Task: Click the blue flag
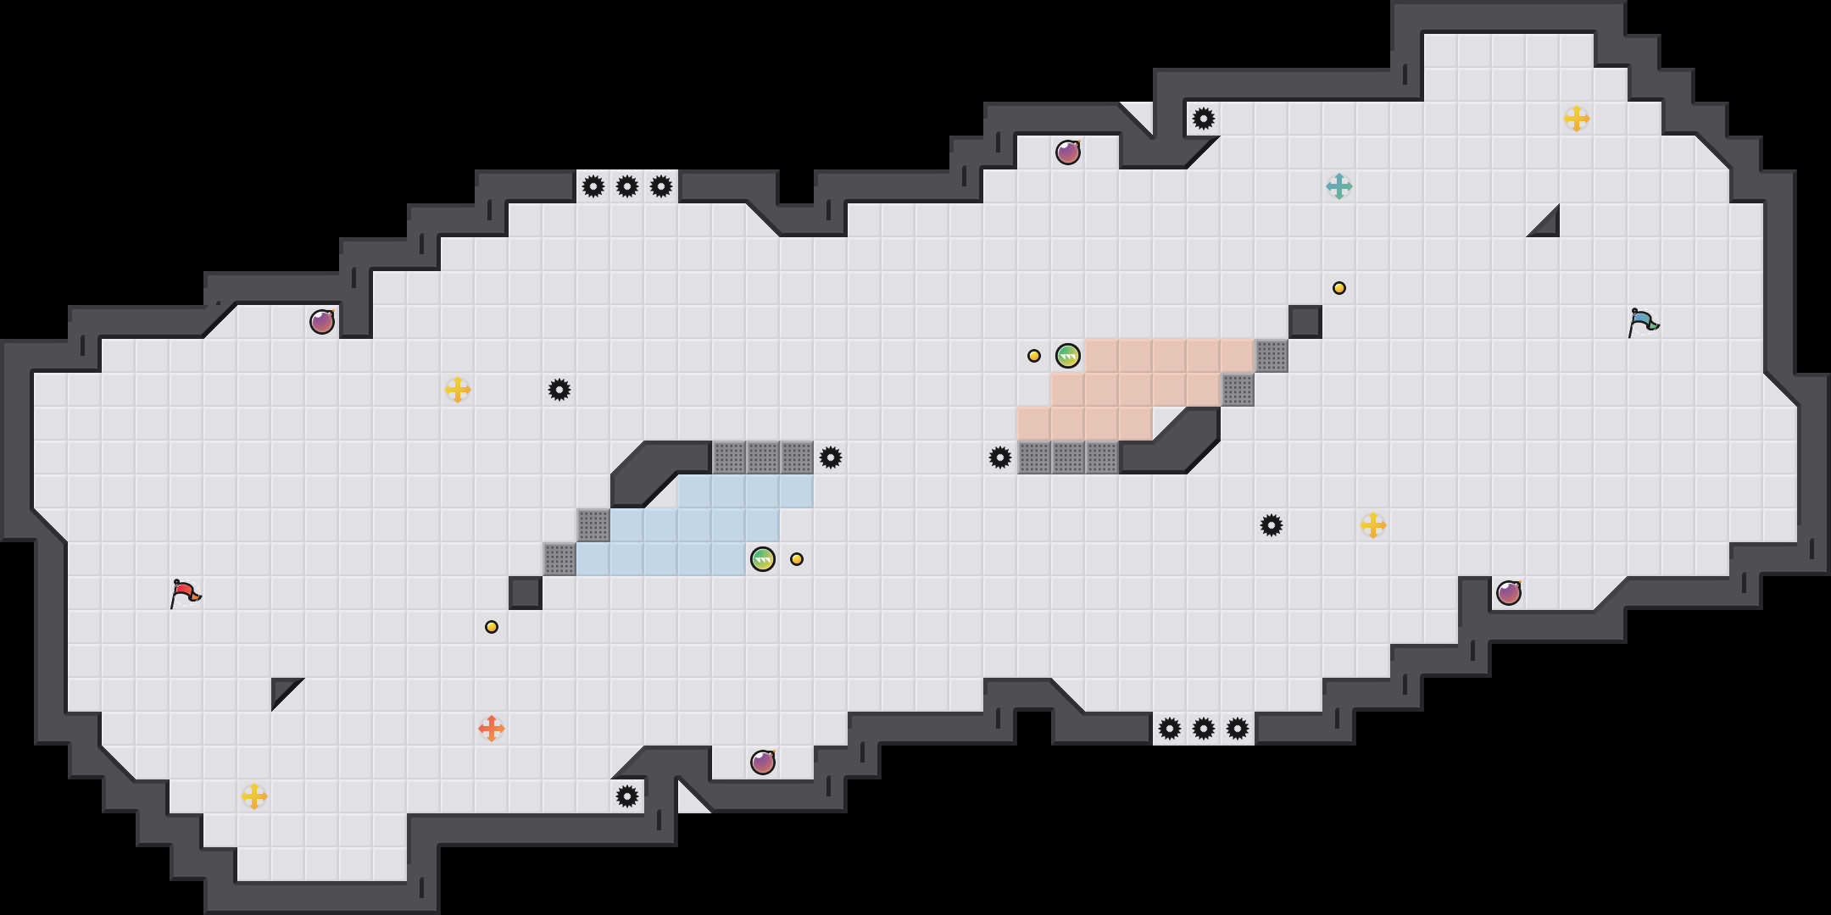click(x=1643, y=322)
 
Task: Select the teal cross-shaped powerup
click(x=1339, y=186)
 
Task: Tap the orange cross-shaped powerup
click(x=492, y=729)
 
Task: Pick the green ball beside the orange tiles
click(x=1068, y=356)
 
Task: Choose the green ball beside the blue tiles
click(x=763, y=559)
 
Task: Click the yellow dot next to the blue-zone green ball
click(x=797, y=559)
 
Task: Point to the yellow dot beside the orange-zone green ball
click(x=1034, y=356)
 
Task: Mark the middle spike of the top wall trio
click(x=627, y=186)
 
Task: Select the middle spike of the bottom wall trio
click(x=1204, y=729)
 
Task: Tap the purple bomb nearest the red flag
click(x=322, y=322)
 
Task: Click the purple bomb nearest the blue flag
click(x=1509, y=593)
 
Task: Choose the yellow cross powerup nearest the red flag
click(x=254, y=796)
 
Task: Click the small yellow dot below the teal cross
click(x=1339, y=288)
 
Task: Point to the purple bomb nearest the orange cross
click(x=763, y=762)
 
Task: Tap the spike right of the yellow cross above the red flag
click(x=559, y=390)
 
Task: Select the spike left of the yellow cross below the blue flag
click(x=1272, y=525)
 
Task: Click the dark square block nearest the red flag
click(x=526, y=593)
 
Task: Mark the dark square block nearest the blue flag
click(x=1305, y=322)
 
